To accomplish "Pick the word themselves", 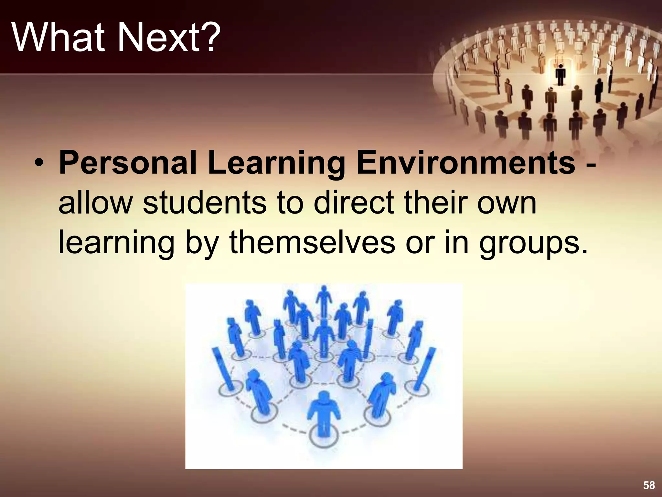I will [x=312, y=243].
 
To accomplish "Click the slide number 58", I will [x=649, y=485].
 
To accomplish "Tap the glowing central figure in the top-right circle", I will [x=560, y=74].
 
